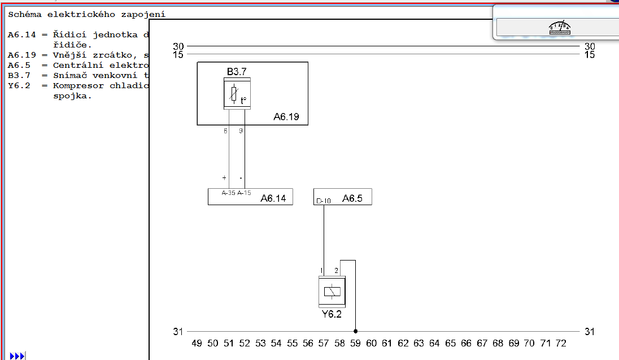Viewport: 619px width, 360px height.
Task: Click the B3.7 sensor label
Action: pos(237,72)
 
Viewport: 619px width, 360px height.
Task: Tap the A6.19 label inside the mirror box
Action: pos(286,118)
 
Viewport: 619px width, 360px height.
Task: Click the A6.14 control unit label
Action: pos(273,198)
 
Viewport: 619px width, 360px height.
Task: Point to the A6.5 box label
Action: pos(352,198)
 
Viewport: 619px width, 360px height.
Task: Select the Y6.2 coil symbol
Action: pos(332,292)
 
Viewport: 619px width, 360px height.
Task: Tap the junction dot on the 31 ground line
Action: pos(355,332)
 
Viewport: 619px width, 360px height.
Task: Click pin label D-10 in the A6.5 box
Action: pos(324,201)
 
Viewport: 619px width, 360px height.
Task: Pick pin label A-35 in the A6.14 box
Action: pos(229,193)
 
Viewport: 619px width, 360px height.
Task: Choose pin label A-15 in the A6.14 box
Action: pos(244,193)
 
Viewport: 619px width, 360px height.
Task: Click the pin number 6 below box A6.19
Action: pos(225,131)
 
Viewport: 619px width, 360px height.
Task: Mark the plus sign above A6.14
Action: pos(224,178)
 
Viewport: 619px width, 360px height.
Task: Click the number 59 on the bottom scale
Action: pos(355,343)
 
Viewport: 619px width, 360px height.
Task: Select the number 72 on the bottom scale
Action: pos(561,343)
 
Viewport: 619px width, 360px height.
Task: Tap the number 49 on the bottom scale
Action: pos(197,343)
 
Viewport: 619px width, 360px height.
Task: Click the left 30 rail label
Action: pos(178,46)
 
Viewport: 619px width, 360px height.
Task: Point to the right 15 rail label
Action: pos(590,55)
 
